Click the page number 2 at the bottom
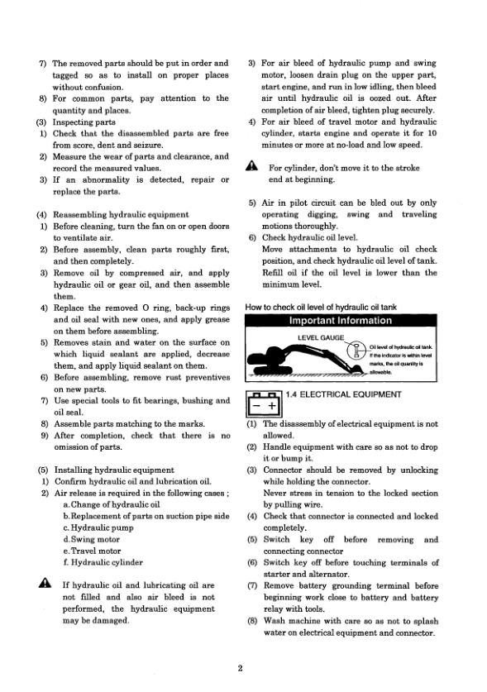point(237,669)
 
